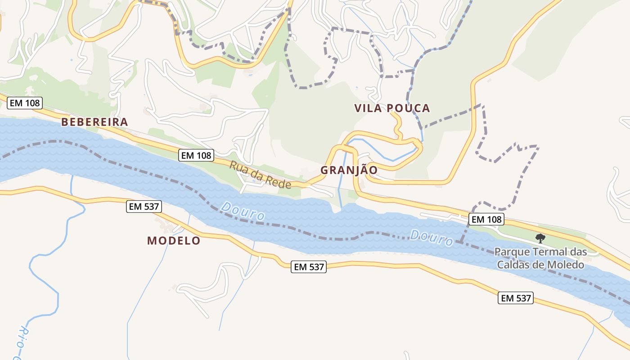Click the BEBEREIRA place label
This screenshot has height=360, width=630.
pyautogui.click(x=94, y=122)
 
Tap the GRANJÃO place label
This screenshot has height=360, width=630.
pyautogui.click(x=349, y=170)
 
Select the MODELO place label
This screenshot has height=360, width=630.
pyautogui.click(x=174, y=241)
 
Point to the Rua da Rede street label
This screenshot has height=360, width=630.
pyautogui.click(x=260, y=175)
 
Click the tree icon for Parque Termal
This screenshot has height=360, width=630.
pyautogui.click(x=540, y=238)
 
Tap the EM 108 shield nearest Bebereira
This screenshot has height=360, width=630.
pyautogui.click(x=25, y=103)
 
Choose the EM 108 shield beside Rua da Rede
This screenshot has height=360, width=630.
pyautogui.click(x=196, y=156)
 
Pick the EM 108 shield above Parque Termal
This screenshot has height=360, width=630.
pyautogui.click(x=486, y=220)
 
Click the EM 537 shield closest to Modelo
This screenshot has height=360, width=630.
pyautogui.click(x=144, y=207)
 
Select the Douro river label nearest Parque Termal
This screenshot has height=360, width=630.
pyautogui.click(x=432, y=238)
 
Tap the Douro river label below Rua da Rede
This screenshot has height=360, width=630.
pyautogui.click(x=243, y=211)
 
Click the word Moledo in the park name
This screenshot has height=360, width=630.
pyautogui.click(x=566, y=265)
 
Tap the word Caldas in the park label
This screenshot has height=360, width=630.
pyautogui.click(x=511, y=265)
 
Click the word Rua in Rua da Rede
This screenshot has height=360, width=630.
pyautogui.click(x=238, y=167)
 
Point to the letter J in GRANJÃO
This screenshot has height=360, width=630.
pyautogui.click(x=353, y=170)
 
